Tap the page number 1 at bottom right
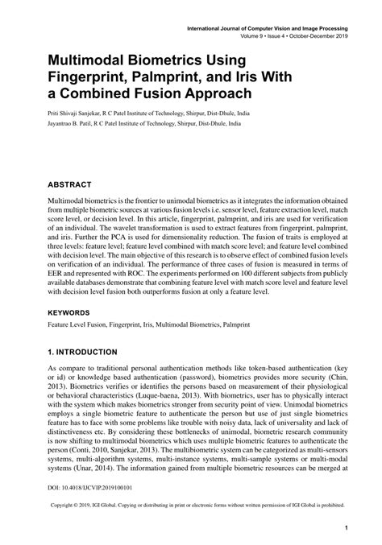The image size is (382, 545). click(x=345, y=528)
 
